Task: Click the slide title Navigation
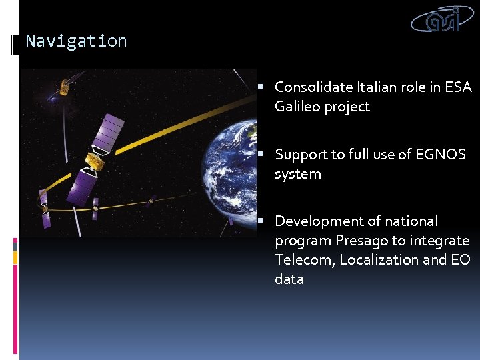pyautogui.click(x=76, y=41)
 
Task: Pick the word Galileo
pyautogui.click(x=297, y=107)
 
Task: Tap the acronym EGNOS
pyautogui.click(x=441, y=155)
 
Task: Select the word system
pyautogui.click(x=297, y=174)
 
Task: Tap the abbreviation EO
pyautogui.click(x=460, y=259)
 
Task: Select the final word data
pyautogui.click(x=289, y=279)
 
